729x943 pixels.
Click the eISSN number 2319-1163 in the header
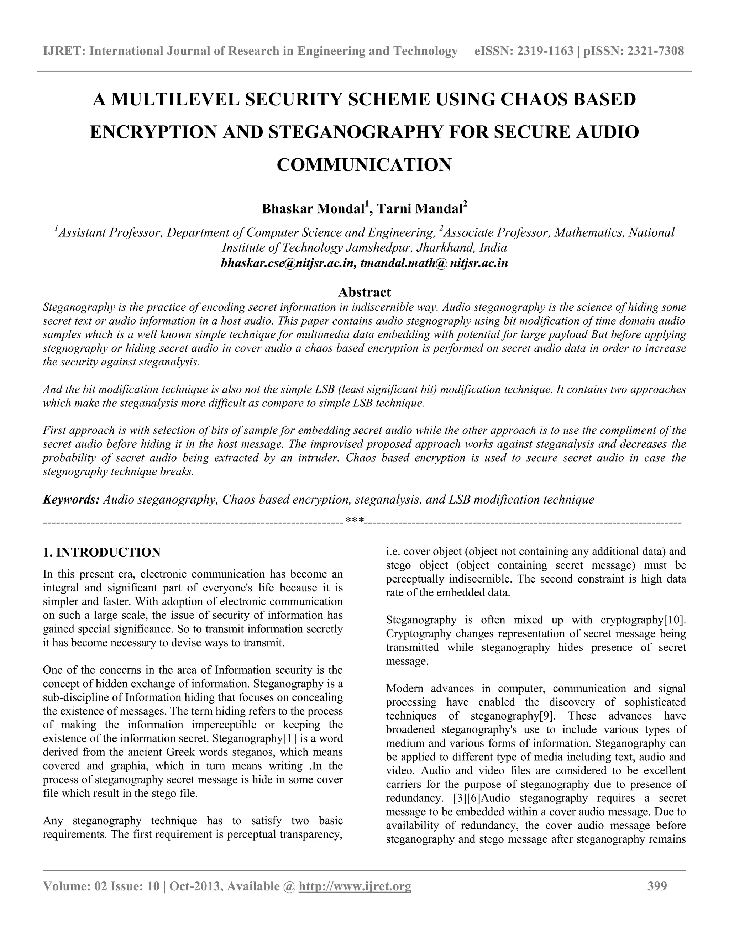(545, 51)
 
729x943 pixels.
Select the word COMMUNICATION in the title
(364, 165)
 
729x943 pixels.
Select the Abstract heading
(364, 292)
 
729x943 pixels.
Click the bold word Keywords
(71, 500)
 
